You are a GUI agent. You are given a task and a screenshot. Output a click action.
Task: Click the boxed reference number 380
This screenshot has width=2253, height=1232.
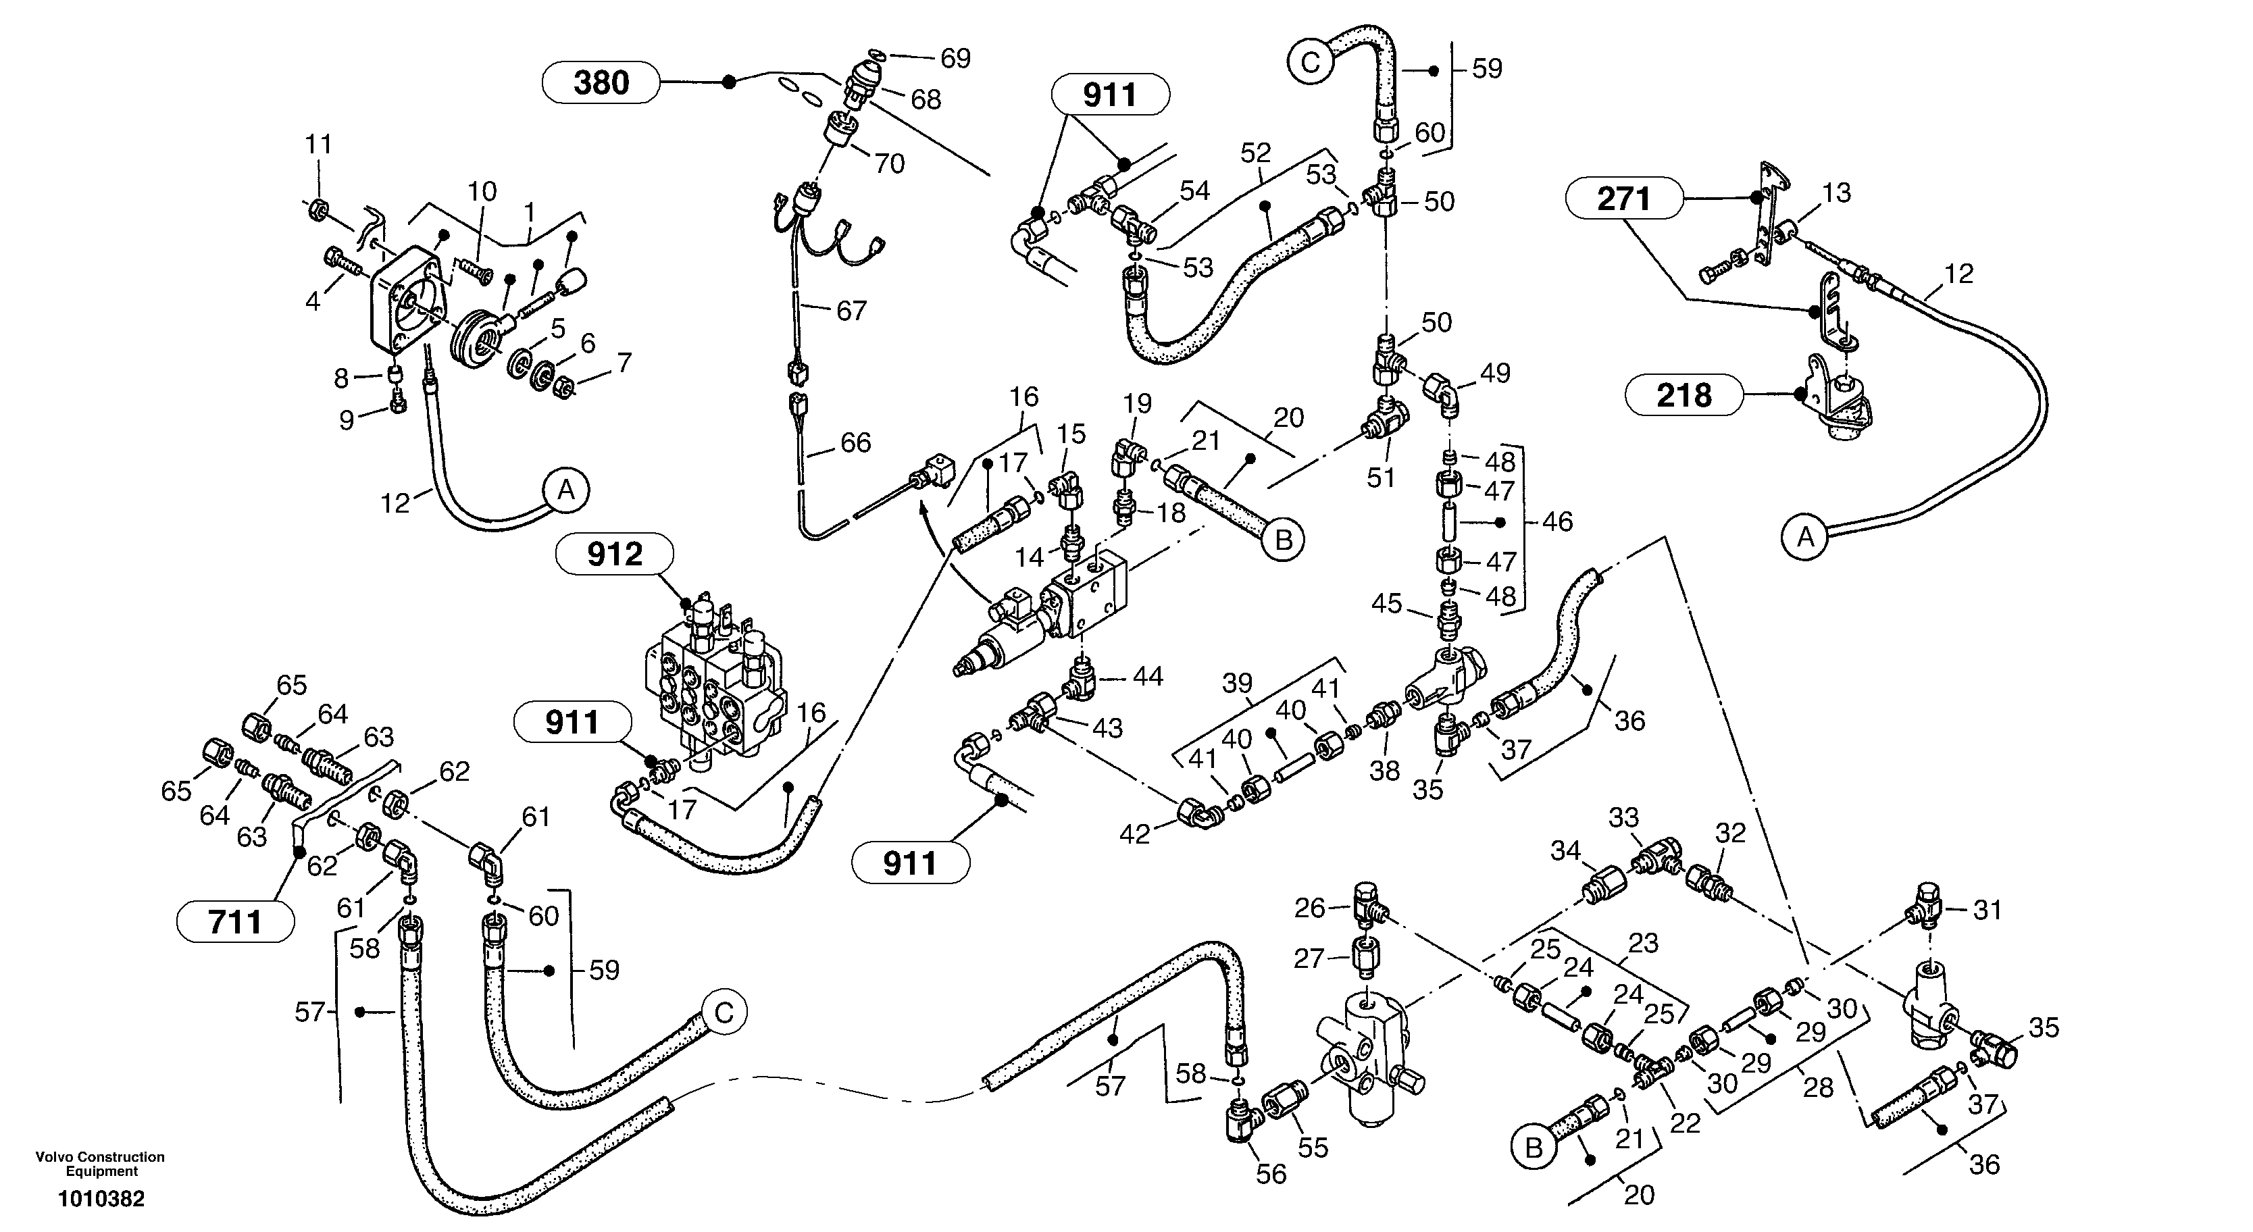pos(601,83)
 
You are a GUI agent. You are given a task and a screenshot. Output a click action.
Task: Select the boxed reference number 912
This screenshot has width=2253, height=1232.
pos(615,555)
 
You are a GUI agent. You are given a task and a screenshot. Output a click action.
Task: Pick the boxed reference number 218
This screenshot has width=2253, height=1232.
pos(1684,395)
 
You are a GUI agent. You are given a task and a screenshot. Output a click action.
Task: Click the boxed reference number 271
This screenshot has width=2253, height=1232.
pos(1623,199)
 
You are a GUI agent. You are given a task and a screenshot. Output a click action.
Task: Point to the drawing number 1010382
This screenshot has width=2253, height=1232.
pos(101,1199)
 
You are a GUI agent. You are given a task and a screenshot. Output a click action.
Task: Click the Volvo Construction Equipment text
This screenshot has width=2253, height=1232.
pos(101,1164)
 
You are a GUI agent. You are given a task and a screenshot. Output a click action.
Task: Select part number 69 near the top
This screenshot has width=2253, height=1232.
pos(955,59)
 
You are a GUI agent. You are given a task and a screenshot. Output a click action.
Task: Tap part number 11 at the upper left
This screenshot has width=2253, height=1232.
pos(318,145)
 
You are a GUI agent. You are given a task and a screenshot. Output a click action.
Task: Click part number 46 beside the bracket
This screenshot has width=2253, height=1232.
pos(1556,522)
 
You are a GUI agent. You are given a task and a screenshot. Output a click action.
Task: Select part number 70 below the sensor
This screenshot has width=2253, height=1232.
pos(890,163)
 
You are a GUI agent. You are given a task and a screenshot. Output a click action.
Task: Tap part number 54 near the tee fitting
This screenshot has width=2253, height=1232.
pos(1194,190)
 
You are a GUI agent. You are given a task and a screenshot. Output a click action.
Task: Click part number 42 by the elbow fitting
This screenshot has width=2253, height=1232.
pos(1134,835)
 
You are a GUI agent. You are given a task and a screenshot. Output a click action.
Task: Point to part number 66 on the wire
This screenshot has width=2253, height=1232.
pos(855,442)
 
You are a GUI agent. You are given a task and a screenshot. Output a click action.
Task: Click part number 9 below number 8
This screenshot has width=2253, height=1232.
pos(347,421)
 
